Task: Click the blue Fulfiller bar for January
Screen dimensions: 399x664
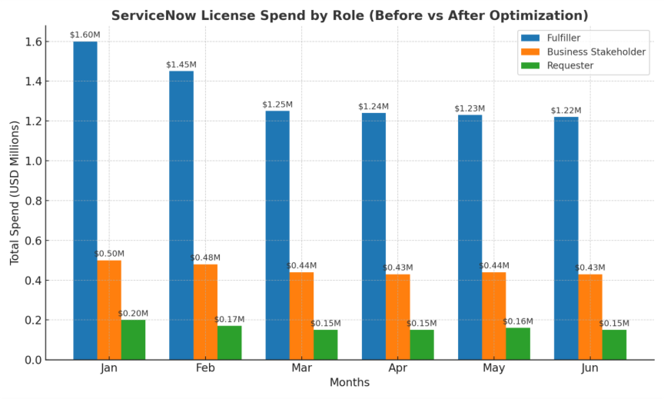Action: [85, 200]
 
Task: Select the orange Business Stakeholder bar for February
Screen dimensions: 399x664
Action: [205, 311]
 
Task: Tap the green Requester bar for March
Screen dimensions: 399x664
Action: [325, 344]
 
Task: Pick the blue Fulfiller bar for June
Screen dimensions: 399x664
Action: [566, 238]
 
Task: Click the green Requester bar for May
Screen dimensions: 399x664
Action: [517, 344]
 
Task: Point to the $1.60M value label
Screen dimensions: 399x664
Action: [84, 35]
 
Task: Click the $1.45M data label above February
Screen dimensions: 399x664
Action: [181, 65]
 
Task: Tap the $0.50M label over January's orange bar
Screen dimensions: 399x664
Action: [109, 254]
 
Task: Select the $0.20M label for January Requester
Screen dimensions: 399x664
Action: [133, 314]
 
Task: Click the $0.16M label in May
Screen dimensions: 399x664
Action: [518, 321]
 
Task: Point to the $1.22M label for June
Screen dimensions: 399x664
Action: [566, 111]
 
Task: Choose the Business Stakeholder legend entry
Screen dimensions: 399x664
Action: [596, 52]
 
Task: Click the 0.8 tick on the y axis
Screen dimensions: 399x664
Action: [32, 201]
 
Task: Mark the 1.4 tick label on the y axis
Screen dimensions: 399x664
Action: [32, 81]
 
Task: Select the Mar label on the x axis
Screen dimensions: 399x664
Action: [301, 368]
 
